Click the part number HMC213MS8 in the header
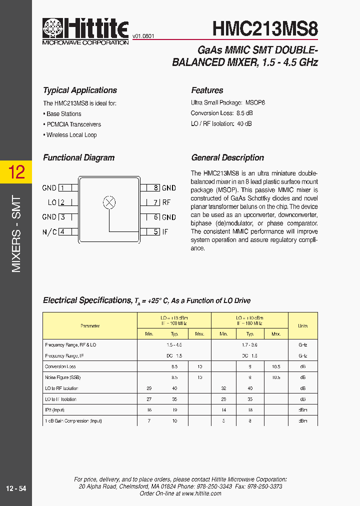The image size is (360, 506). click(265, 28)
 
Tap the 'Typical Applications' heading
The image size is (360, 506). click(80, 90)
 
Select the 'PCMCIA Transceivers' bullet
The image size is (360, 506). click(73, 124)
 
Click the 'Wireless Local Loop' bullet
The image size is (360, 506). click(71, 135)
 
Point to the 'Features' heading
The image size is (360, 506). click(207, 90)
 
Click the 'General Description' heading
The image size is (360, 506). click(227, 157)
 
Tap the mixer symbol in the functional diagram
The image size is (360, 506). click(109, 202)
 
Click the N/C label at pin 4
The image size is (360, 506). click(49, 232)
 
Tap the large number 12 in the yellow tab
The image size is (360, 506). click(16, 172)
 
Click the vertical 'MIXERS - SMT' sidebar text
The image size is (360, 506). click(16, 234)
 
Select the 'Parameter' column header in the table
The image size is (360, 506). click(90, 326)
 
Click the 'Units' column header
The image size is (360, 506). click(302, 326)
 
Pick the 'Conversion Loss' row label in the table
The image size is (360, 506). click(60, 366)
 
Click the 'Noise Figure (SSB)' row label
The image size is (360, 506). click(62, 377)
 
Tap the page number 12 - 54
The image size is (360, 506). click(16, 488)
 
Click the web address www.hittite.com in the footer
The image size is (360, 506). click(202, 493)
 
